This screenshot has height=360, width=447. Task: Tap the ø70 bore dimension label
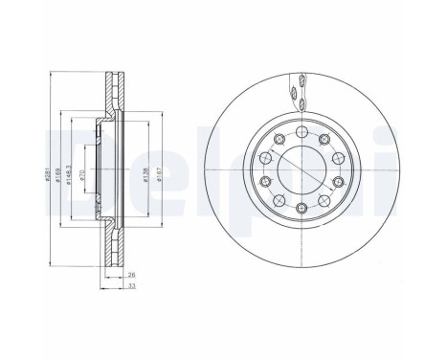tap(84, 174)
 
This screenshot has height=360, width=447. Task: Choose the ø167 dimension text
tap(145, 174)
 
